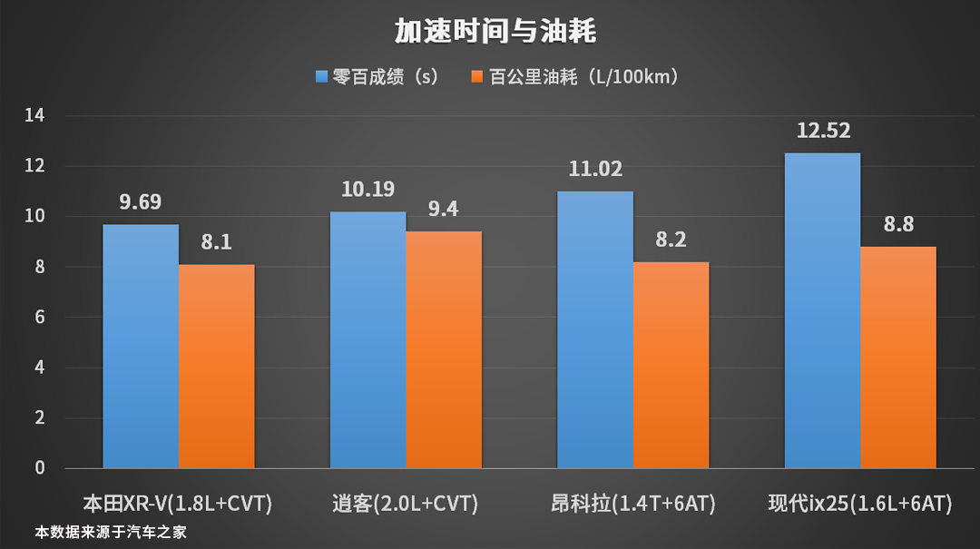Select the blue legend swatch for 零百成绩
coord(321,77)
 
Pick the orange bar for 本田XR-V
coord(217,367)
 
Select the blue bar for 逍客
coord(367,340)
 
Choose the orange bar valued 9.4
coord(444,350)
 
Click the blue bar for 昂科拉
coord(595,330)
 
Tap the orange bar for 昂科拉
coord(671,365)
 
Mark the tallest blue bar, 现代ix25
coord(822,311)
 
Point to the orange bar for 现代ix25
coord(898,358)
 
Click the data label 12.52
coord(823,132)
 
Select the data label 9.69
coord(141,201)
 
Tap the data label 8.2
coord(671,240)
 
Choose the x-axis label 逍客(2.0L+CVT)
coord(406,503)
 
